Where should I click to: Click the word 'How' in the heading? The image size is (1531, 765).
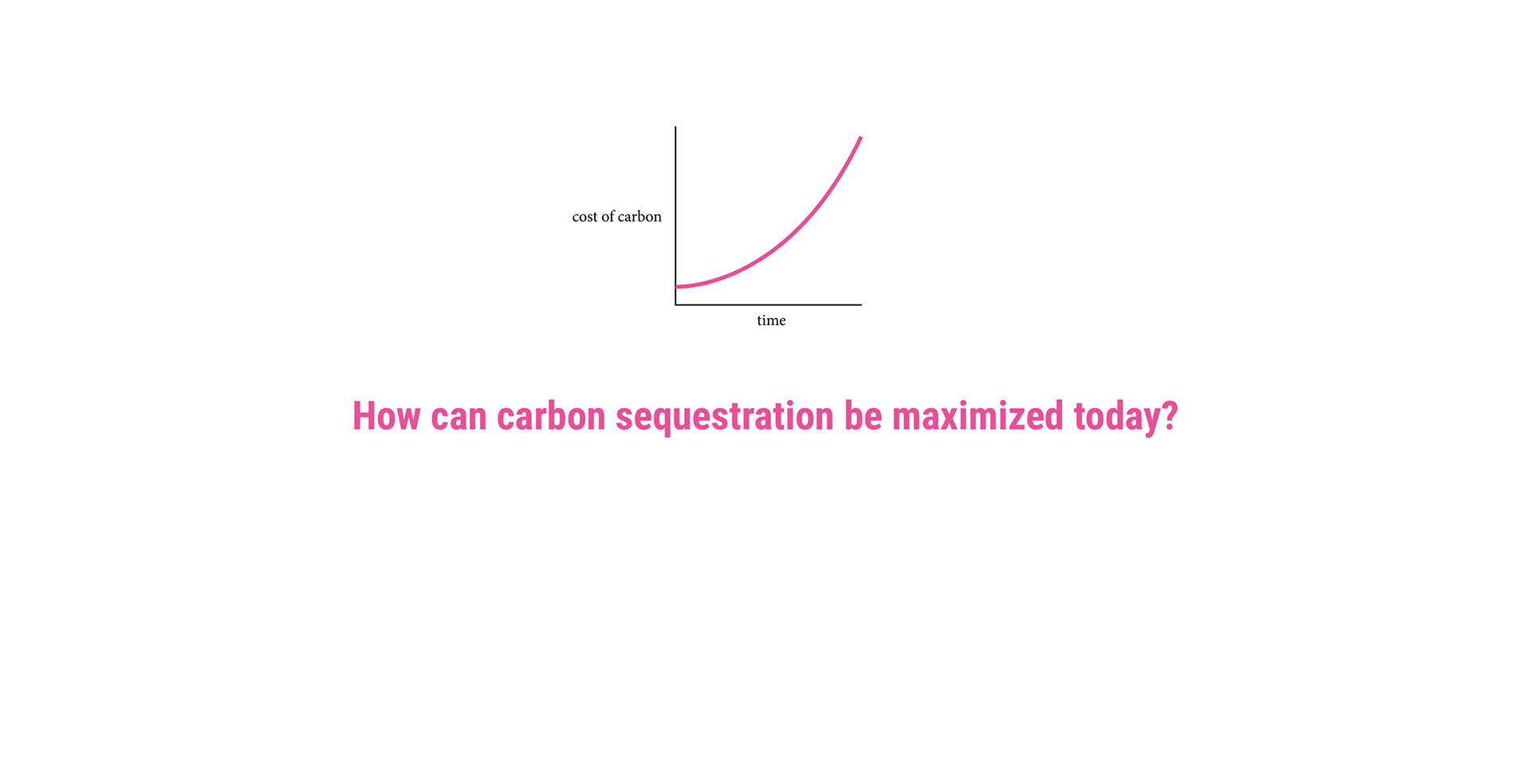coord(386,416)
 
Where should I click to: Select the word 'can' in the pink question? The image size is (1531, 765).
coord(459,418)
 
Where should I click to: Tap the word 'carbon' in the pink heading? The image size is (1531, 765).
coord(551,416)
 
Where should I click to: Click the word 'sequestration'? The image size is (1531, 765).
coord(725,418)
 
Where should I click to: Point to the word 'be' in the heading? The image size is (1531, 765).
coord(863,416)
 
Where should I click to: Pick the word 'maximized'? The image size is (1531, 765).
coord(978,416)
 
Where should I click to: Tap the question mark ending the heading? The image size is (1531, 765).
coord(1169,416)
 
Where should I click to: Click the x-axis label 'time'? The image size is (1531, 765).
coord(771,320)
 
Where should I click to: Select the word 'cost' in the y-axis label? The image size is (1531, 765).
coord(584,217)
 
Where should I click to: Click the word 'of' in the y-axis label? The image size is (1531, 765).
coord(608,216)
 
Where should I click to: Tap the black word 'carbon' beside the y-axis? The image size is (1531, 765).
coord(640,216)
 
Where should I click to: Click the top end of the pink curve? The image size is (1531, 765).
coord(861,138)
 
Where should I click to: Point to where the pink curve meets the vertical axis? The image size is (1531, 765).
coord(676,286)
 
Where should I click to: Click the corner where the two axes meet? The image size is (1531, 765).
coord(675,304)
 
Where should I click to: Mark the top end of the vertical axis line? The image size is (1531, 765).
coord(675,126)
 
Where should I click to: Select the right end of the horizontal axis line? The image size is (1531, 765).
coord(862,304)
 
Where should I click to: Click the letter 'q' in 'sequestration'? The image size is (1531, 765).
coord(664,422)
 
